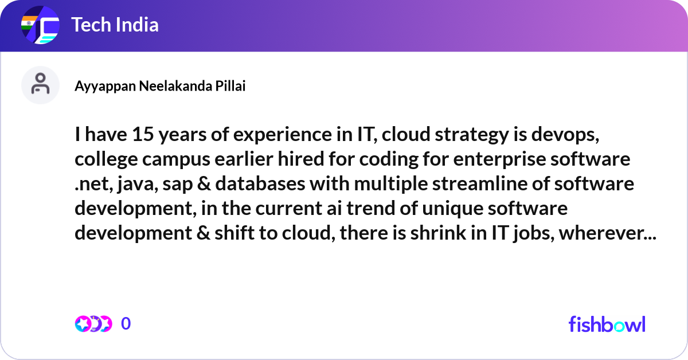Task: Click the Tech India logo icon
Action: tap(40, 26)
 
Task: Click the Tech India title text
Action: tap(115, 25)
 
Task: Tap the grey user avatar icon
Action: tap(40, 85)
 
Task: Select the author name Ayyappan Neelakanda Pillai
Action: tap(160, 86)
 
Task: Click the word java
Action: tap(134, 185)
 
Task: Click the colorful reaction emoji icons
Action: tap(93, 323)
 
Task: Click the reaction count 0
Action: tap(126, 323)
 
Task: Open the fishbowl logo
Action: tap(607, 324)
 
